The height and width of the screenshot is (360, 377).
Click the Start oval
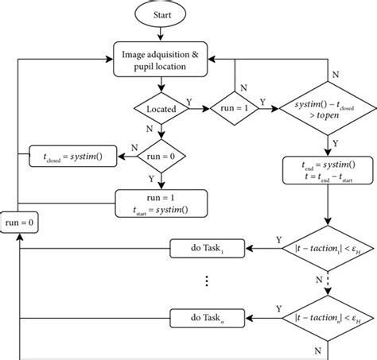[x=162, y=15]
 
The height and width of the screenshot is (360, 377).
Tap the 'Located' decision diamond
[x=162, y=106]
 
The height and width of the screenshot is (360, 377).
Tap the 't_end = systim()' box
[x=328, y=169]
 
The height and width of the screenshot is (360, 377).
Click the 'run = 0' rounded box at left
[x=18, y=224]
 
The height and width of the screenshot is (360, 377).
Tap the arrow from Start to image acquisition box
[x=162, y=33]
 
